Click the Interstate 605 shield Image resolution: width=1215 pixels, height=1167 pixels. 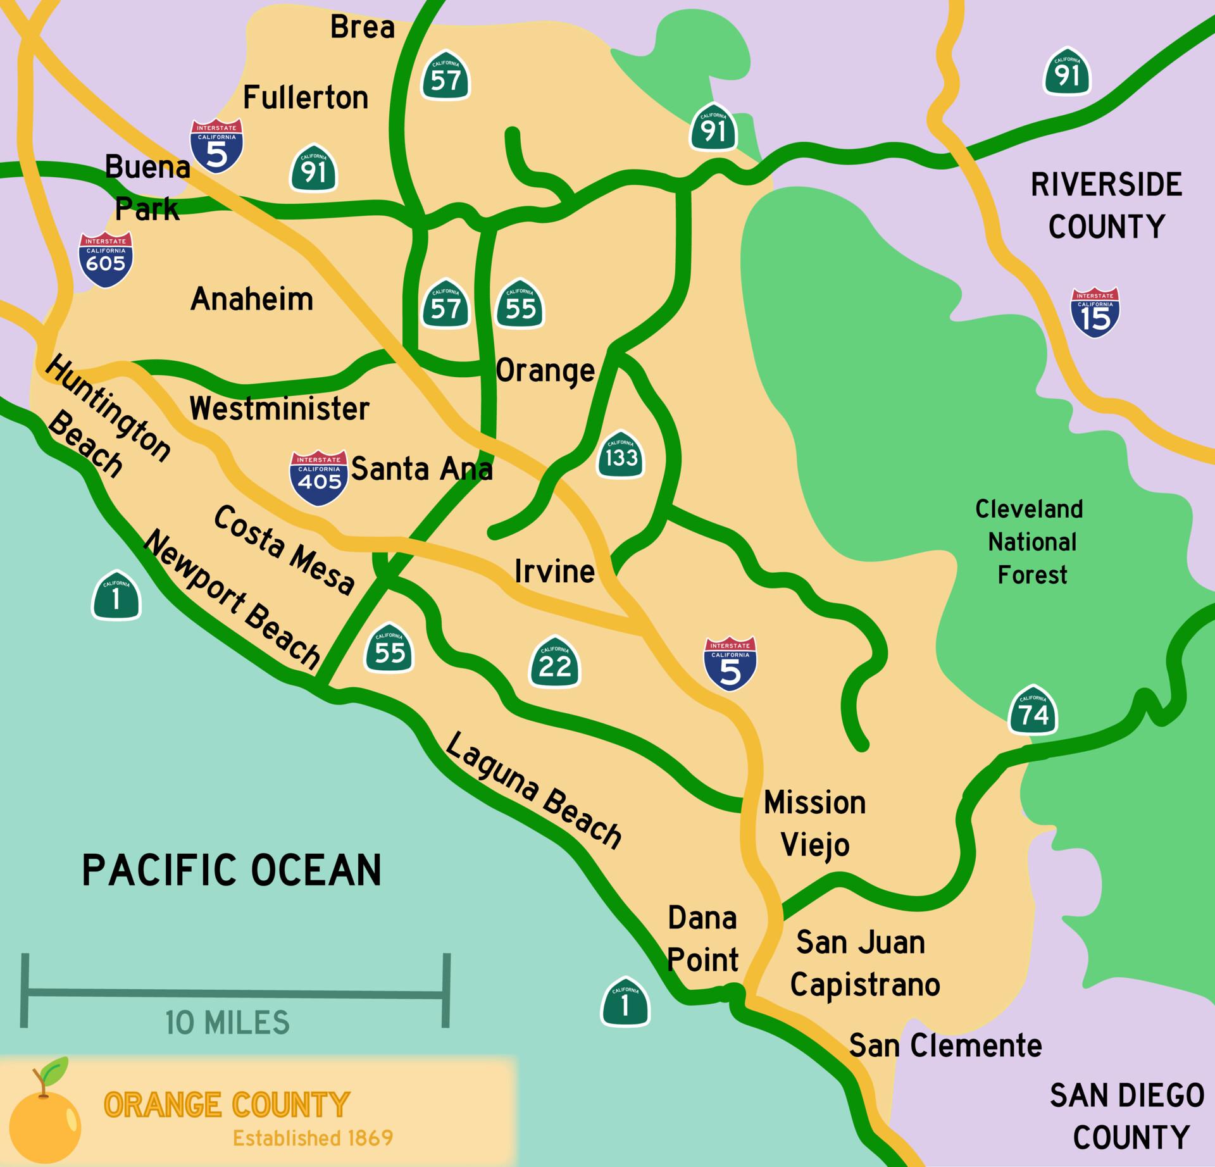coord(106,259)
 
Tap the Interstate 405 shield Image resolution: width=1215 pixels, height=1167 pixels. coord(319,478)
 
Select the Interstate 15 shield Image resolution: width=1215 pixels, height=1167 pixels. coord(1095,313)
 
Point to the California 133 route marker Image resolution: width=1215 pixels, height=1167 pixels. coord(621,455)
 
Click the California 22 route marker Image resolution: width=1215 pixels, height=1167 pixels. coord(555,663)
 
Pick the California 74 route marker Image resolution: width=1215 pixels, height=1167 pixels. coord(1033,710)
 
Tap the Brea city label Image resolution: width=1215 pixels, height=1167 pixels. coord(363,27)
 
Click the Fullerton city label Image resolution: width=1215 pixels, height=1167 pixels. coord(306,97)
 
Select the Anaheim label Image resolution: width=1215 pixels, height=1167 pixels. coord(252,299)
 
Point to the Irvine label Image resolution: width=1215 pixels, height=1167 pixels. coord(554,571)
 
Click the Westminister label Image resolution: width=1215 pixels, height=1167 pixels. coord(279,408)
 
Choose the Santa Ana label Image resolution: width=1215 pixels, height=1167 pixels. coord(421,469)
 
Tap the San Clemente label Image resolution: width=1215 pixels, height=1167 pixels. coord(945,1045)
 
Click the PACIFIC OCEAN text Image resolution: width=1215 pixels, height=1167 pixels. coord(232,870)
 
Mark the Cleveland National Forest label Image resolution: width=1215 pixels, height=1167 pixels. coord(1030,542)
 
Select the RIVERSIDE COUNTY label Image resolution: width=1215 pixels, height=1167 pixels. coord(1106,206)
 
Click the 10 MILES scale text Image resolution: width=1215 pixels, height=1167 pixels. coord(227,1023)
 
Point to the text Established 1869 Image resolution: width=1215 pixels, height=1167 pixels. coord(313,1138)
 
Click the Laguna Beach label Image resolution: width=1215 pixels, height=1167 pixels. coord(533,789)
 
